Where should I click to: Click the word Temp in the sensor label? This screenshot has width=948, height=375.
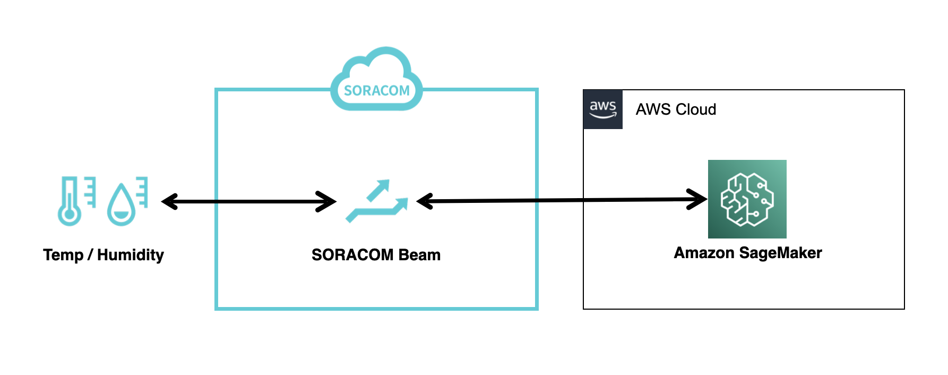tap(63, 255)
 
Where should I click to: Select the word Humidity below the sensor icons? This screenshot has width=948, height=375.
tap(131, 255)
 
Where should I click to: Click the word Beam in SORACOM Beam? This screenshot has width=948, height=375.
tap(419, 255)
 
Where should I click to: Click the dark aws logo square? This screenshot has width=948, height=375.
tap(602, 109)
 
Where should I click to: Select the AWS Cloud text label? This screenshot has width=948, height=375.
tap(676, 109)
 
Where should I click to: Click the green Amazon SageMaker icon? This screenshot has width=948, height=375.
tap(747, 199)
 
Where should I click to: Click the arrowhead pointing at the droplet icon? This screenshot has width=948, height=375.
tap(169, 202)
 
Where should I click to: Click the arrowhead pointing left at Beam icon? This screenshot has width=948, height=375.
tap(425, 201)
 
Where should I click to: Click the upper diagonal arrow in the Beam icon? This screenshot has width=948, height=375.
tap(380, 189)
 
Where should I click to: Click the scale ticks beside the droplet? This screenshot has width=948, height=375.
tap(142, 192)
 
